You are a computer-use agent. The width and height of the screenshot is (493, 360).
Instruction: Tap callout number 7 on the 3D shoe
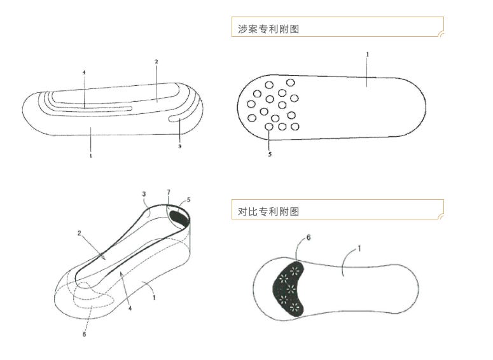(x=169, y=191)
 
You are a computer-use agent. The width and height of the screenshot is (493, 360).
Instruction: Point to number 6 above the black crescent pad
(x=309, y=237)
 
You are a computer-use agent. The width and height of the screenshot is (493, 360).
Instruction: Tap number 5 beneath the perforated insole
(x=270, y=154)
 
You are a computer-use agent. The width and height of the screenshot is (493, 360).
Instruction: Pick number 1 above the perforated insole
(x=368, y=55)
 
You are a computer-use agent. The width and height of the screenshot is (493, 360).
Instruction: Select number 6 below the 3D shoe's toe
(x=85, y=334)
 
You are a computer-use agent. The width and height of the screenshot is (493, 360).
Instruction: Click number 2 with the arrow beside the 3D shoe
(x=80, y=233)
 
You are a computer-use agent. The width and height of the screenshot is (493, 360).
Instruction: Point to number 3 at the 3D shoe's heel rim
(x=144, y=194)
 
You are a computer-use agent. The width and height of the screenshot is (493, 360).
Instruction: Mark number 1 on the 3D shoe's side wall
(x=154, y=296)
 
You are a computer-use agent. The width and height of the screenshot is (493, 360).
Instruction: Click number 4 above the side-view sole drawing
(x=83, y=73)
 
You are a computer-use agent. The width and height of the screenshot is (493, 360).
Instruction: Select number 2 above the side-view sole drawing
(x=156, y=62)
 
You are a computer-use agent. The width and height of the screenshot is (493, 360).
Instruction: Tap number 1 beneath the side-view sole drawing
(x=90, y=155)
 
